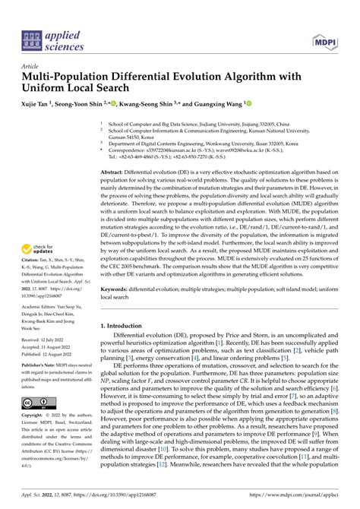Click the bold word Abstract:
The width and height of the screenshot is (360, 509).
[x=115, y=174]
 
